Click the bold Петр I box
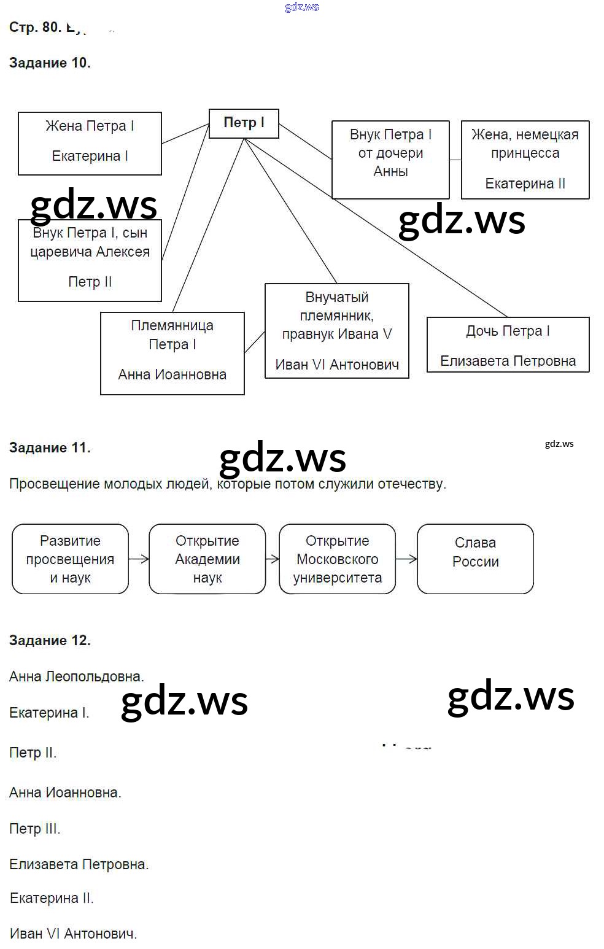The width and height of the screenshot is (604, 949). tap(244, 123)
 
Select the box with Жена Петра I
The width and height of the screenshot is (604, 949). tap(90, 143)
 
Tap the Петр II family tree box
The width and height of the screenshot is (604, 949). tap(90, 260)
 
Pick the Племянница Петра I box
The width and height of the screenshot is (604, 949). tap(172, 353)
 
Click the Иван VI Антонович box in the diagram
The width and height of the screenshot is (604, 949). tap(336, 331)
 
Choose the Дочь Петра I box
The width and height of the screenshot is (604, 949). tap(508, 344)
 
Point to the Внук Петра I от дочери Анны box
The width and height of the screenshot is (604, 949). tap(390, 160)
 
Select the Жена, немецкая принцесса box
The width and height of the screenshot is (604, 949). tap(525, 160)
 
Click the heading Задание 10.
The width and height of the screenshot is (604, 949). tap(50, 63)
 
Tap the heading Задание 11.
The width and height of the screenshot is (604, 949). tap(50, 447)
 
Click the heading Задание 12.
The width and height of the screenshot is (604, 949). tap(50, 640)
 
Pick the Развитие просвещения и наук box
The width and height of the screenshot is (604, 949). tap(70, 559)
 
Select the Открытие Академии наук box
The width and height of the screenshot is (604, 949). tap(207, 559)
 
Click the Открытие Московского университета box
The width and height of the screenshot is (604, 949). tap(337, 559)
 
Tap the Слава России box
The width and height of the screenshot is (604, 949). tap(475, 559)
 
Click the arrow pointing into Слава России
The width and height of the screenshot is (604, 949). tap(406, 559)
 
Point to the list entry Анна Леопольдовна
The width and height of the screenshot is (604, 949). tap(76, 676)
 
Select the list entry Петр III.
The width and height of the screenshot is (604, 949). tap(34, 829)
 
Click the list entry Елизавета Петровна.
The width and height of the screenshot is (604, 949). tap(79, 864)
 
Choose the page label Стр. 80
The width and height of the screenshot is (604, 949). tap(35, 27)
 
